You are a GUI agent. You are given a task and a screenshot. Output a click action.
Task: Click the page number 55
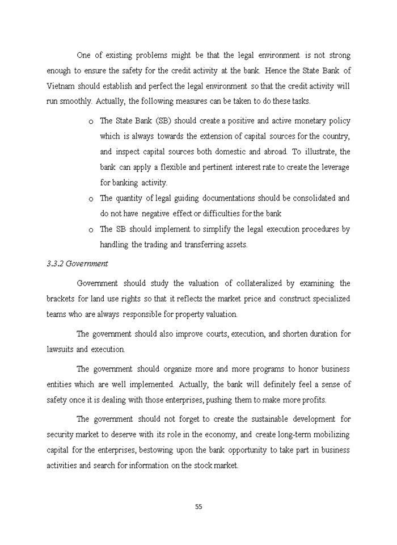point(198,506)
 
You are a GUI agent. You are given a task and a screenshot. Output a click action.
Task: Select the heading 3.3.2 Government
point(77,263)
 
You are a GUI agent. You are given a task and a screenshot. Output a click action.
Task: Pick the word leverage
point(335,167)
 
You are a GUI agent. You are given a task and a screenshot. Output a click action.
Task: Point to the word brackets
point(61,299)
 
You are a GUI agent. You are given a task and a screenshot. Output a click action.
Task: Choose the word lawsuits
point(60,349)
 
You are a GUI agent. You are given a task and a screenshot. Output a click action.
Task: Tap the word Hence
point(276,71)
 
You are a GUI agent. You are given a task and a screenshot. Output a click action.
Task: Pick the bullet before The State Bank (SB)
point(91,122)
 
